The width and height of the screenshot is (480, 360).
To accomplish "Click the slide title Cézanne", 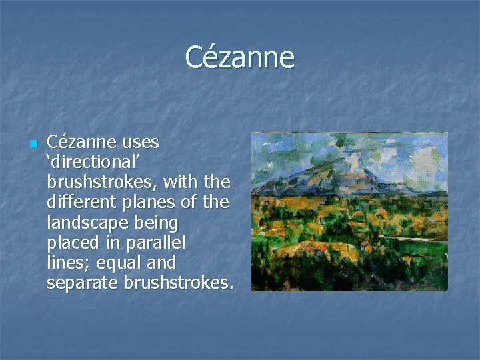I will (239, 57).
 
